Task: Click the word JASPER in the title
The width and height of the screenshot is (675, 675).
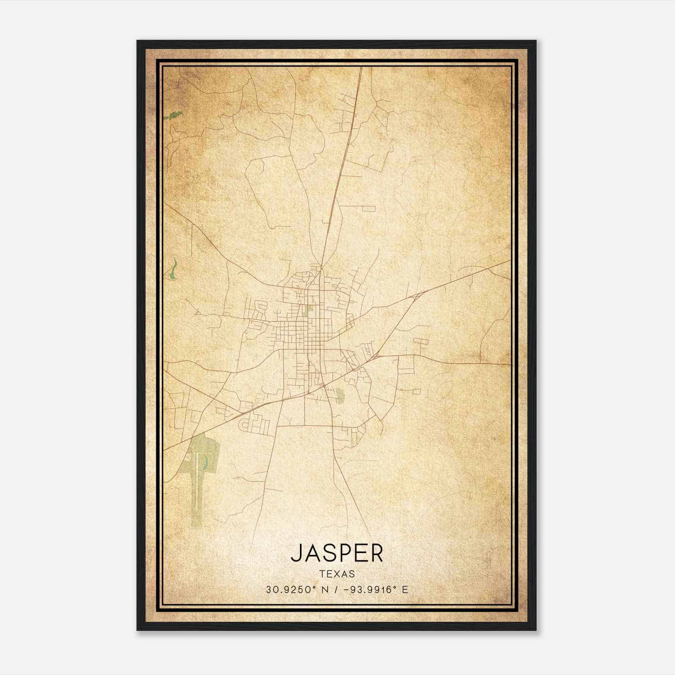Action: [x=337, y=553]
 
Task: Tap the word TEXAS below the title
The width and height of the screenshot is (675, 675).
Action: [x=337, y=574]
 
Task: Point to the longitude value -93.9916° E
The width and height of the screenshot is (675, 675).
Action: [x=376, y=590]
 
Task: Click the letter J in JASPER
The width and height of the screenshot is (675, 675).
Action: [x=297, y=553]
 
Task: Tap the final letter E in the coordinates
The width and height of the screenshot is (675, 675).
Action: [x=405, y=590]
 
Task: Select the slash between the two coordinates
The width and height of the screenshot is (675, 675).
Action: [x=335, y=590]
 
